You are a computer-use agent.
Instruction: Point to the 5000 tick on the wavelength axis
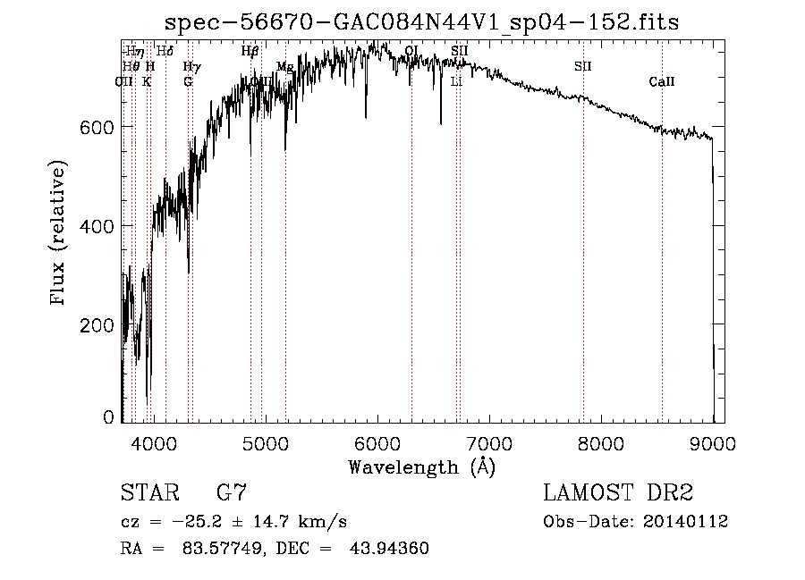265,441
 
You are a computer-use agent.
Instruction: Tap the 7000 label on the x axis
488,441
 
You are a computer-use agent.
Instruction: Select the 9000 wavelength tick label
712,441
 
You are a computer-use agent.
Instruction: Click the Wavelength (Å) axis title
421,467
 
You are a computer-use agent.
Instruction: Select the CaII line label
662,82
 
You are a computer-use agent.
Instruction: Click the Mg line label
284,67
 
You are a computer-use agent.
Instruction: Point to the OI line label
411,51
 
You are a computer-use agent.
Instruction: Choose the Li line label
456,81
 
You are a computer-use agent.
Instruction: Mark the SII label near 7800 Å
583,66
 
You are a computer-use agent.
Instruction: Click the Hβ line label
250,52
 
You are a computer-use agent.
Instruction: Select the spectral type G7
231,493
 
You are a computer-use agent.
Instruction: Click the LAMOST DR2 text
618,493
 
